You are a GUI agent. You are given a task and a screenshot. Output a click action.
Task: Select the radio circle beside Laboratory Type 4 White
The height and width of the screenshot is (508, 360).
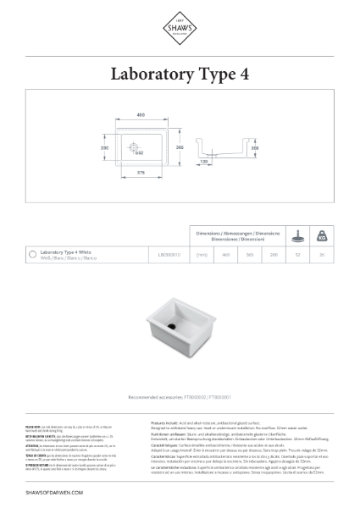[x=31, y=254]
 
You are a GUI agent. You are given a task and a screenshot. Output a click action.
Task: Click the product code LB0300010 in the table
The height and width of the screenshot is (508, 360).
[x=170, y=253]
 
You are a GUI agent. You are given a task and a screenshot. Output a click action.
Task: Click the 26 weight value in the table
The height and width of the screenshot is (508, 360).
[x=321, y=253]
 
